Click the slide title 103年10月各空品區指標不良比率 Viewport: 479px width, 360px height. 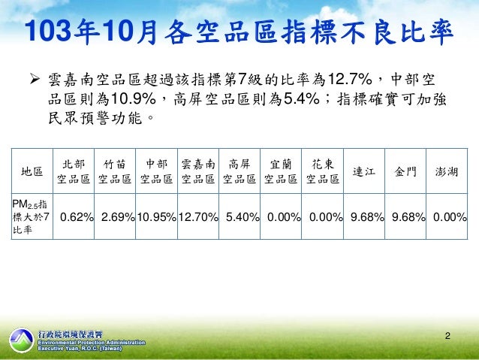click(x=239, y=32)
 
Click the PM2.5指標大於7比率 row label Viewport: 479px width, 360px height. click(x=33, y=217)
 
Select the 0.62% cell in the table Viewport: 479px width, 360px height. click(x=77, y=218)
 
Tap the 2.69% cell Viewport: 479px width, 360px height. click(x=118, y=218)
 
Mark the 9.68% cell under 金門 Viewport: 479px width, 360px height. click(x=408, y=218)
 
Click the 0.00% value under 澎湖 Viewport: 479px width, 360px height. click(x=450, y=218)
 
